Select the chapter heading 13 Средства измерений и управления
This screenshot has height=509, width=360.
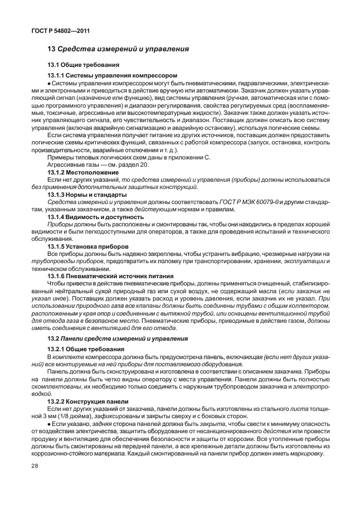click(118, 49)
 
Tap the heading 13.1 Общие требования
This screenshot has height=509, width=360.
click(81, 65)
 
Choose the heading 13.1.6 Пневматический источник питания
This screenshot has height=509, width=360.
click(110, 275)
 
